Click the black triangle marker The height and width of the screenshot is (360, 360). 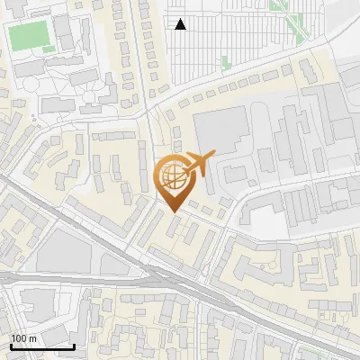tap(181, 24)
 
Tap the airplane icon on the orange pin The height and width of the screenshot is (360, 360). tap(199, 164)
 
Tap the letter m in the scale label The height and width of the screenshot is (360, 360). tap(32, 338)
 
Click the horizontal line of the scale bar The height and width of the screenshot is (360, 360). tap(42, 346)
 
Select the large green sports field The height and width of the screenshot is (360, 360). tap(29, 36)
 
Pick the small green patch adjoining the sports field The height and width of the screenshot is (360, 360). tap(48, 49)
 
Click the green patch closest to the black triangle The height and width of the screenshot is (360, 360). tap(225, 62)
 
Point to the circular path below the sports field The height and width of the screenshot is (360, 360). tap(28, 86)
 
